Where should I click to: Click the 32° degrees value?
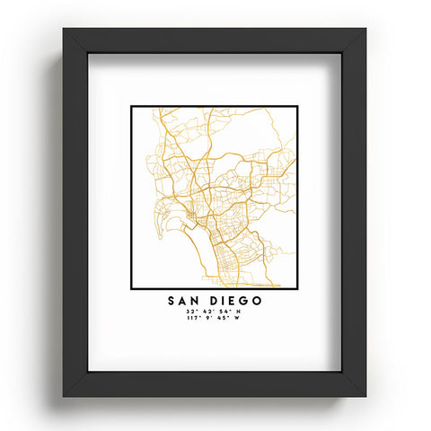tap(191, 311)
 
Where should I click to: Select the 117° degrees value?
tap(192, 317)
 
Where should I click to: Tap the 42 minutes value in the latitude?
tap(208, 311)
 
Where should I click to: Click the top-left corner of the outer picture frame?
tap(64, 28)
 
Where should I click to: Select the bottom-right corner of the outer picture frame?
tap(366, 396)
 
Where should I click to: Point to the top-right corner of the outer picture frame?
tap(366, 28)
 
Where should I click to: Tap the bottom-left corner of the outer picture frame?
tap(64, 396)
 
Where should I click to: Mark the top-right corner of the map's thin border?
tap(296, 107)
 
